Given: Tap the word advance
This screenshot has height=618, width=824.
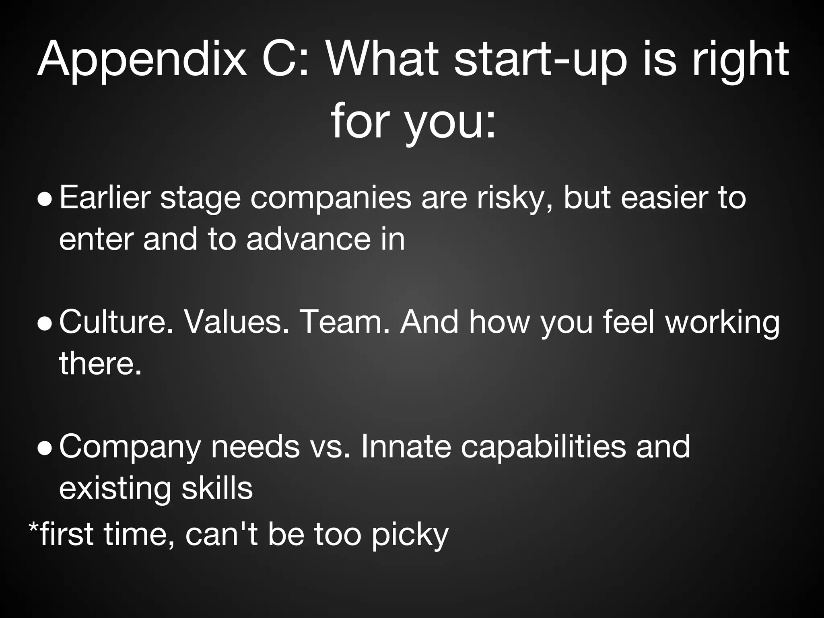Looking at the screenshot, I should (x=308, y=239).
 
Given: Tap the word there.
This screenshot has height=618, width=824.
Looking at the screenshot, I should (x=101, y=363).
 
